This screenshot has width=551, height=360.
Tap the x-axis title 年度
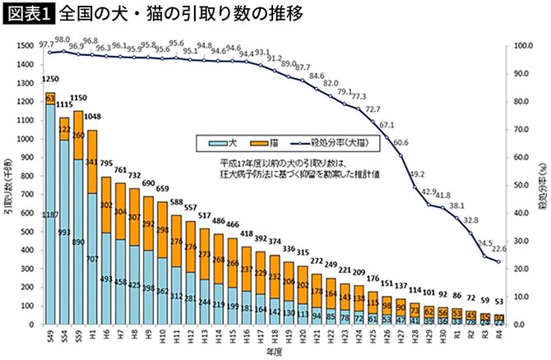click(x=272, y=353)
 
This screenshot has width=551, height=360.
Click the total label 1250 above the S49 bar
click(x=49, y=78)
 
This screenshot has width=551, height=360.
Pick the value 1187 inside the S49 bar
click(x=50, y=214)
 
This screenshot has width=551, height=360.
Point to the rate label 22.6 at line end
click(x=498, y=252)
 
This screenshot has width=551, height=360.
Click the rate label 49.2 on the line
click(x=417, y=173)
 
